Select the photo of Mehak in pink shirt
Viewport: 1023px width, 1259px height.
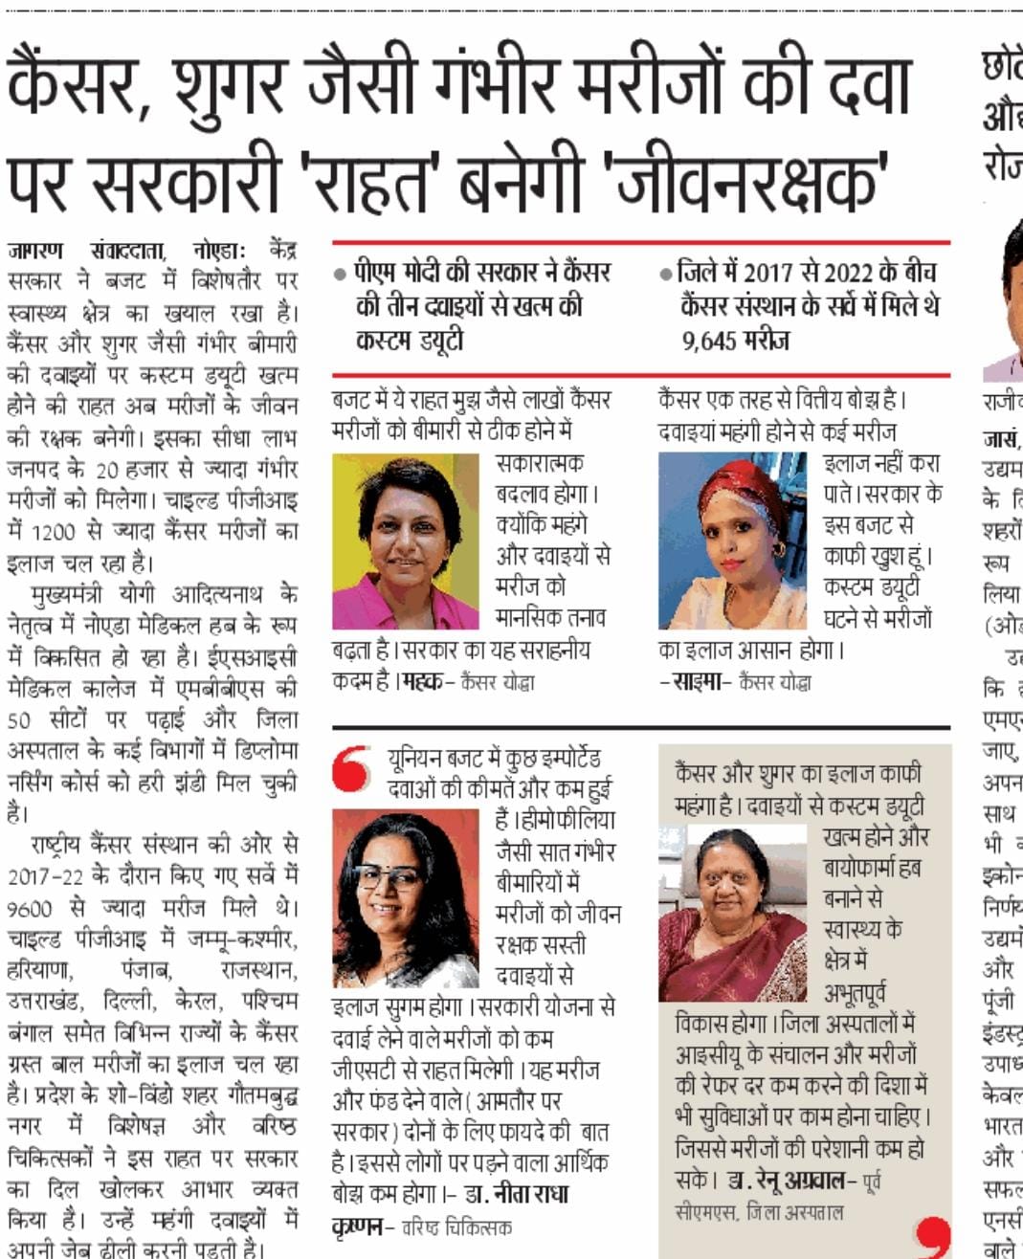click(404, 541)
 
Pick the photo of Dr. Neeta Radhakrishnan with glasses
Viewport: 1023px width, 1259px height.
click(406, 898)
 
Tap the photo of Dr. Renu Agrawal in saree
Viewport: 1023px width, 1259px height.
click(732, 914)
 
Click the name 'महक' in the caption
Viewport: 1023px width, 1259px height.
click(422, 682)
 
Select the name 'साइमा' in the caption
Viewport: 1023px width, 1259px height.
click(700, 682)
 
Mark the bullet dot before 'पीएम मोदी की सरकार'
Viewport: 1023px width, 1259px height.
click(341, 274)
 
